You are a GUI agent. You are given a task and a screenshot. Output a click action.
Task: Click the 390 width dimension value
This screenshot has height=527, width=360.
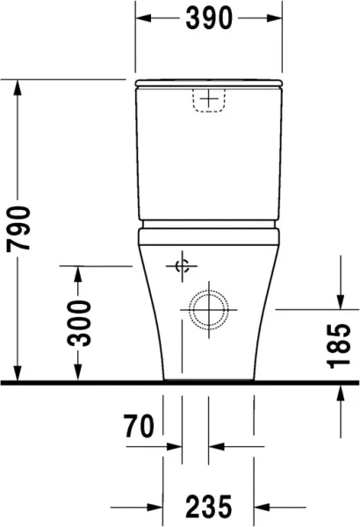click(208, 17)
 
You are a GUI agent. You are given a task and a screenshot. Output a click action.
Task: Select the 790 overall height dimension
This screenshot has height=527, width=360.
click(18, 229)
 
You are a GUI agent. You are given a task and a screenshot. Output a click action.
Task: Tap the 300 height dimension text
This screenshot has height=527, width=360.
click(79, 322)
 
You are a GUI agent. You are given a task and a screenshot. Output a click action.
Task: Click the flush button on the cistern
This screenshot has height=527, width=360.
click(208, 101)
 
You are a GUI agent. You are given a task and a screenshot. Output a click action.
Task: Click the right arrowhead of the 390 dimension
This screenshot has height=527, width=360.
click(275, 17)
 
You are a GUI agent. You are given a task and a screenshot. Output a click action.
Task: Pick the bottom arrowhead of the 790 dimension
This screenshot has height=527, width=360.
click(18, 376)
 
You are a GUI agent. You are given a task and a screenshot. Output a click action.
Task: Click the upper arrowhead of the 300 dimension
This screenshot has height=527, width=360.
click(79, 273)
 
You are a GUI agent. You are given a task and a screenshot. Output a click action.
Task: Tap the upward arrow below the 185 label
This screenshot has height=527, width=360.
click(340, 392)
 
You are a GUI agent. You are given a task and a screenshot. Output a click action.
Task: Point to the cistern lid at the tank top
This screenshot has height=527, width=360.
click(208, 84)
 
